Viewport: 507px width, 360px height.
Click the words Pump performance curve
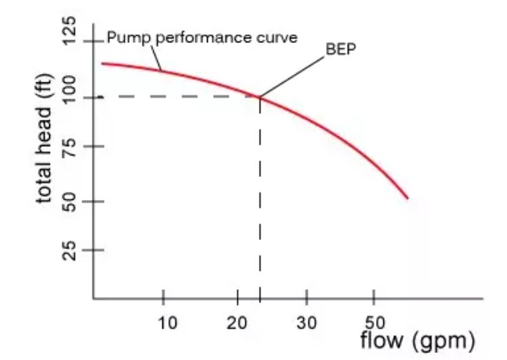202,37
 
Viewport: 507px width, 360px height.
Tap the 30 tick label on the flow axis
306,322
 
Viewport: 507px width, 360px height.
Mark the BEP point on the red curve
259,97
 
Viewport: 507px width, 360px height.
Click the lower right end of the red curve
407,198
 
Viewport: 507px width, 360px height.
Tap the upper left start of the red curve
103,63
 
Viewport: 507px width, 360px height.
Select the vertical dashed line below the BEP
260,200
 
